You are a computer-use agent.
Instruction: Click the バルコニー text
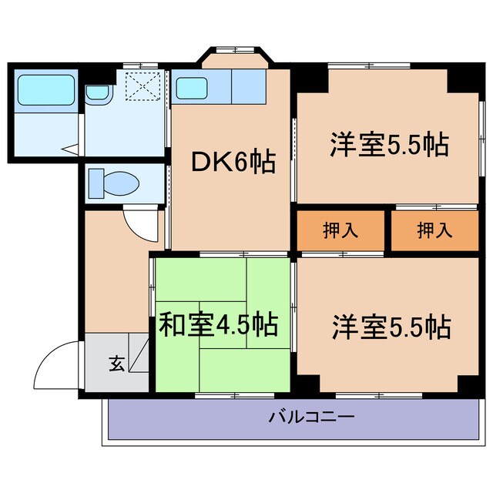click(311, 418)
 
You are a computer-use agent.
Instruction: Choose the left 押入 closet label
click(340, 231)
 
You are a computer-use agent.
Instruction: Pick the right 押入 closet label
click(434, 231)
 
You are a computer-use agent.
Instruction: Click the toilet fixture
click(112, 184)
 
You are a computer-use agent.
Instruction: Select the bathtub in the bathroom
click(45, 92)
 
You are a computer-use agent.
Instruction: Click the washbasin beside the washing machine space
click(98, 93)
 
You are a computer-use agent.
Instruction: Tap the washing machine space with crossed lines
click(141, 86)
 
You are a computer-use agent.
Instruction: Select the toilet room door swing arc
click(139, 223)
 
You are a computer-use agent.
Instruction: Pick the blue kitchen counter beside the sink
click(247, 88)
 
